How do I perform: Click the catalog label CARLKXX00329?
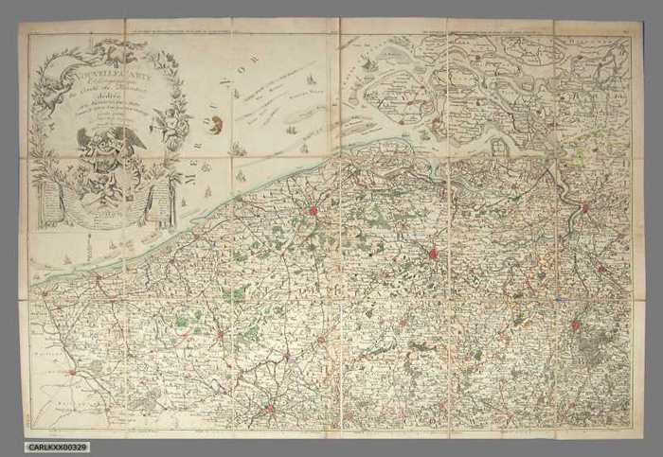point(59,447)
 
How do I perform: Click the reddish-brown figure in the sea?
point(217,124)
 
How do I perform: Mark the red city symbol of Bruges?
point(311,211)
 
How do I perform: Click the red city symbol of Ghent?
point(433,253)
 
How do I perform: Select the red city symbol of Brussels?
point(575,325)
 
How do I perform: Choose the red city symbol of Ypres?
point(220,334)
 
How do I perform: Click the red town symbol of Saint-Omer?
point(71,372)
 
